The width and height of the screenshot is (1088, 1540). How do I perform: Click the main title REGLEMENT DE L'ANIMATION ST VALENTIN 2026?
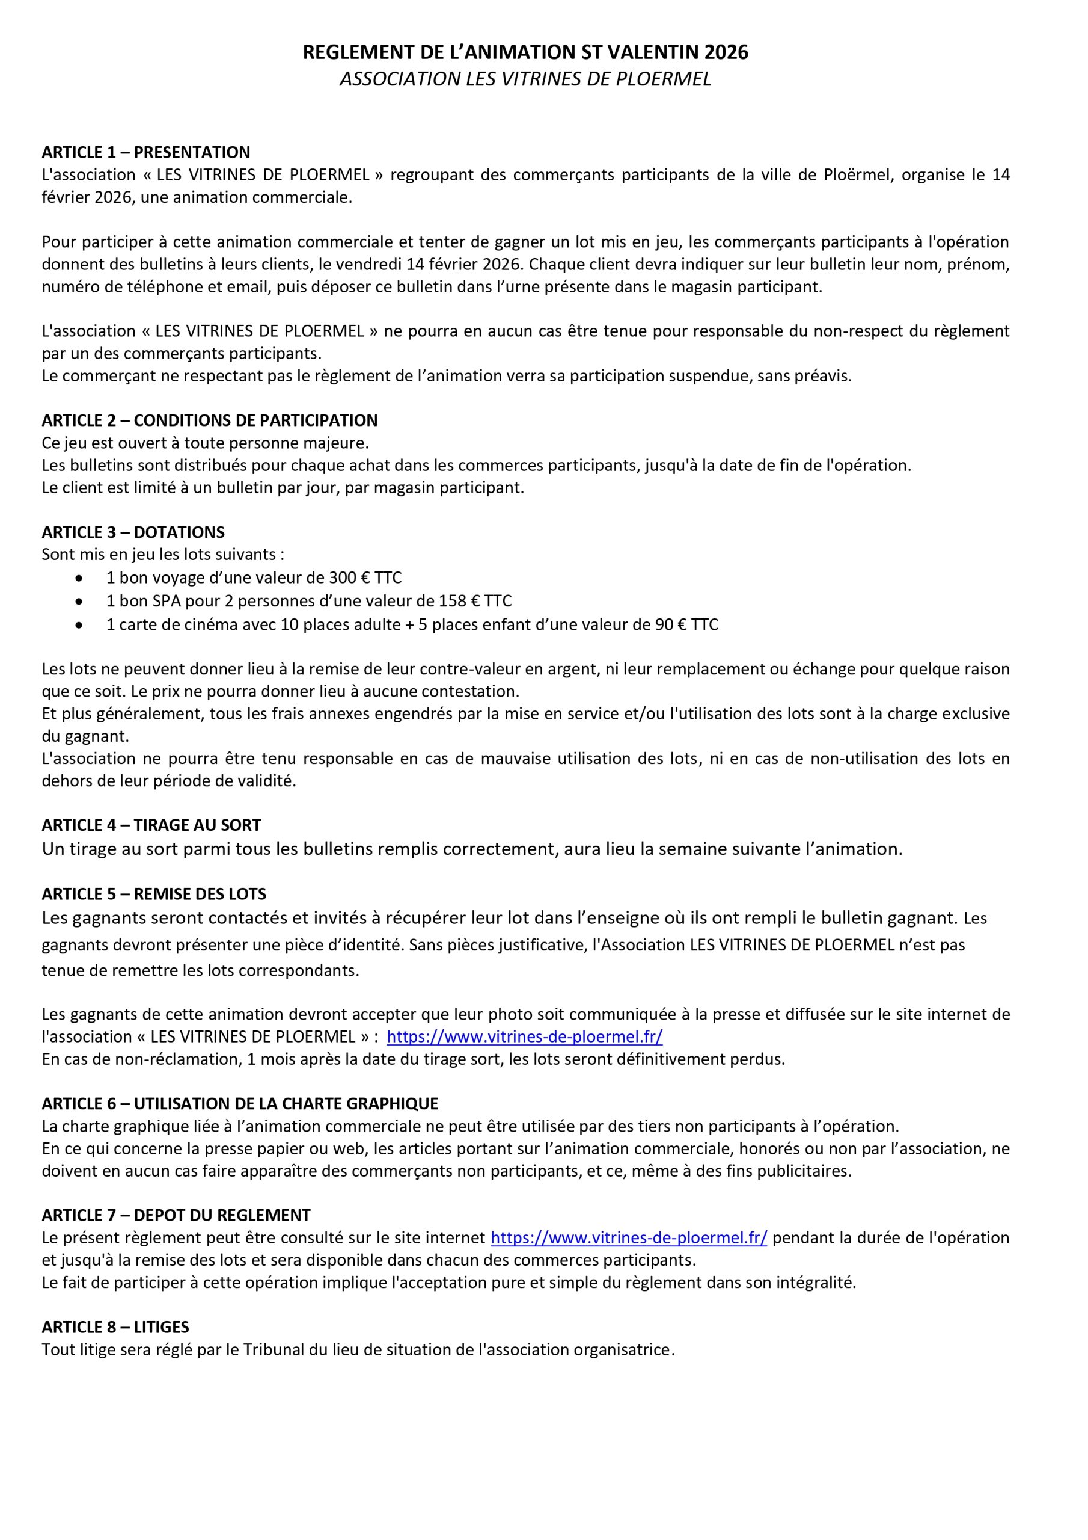click(x=525, y=52)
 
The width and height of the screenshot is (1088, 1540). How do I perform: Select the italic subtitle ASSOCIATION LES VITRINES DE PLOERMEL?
click(x=525, y=79)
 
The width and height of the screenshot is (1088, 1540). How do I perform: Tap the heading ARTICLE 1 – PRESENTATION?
click(x=145, y=152)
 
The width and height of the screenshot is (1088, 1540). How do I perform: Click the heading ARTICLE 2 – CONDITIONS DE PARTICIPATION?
click(x=209, y=420)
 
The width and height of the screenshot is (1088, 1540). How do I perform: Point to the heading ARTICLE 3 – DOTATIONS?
click(x=133, y=532)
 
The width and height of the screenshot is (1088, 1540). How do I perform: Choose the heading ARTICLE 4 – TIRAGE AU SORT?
click(x=151, y=825)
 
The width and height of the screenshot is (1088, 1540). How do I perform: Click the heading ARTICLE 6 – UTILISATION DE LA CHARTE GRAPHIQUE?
click(x=239, y=1104)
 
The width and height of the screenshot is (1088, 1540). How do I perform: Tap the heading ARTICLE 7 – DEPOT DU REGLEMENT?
click(x=176, y=1215)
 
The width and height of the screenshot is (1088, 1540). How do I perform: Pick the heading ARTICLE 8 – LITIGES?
click(x=115, y=1328)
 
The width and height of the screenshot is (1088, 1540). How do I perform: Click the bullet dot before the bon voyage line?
click(x=80, y=578)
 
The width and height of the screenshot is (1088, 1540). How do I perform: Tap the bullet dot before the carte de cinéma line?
click(x=80, y=625)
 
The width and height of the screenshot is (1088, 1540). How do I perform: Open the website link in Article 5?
click(x=524, y=1037)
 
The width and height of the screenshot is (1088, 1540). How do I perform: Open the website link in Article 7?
click(x=628, y=1238)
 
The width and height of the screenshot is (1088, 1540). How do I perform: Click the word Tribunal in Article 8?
click(x=274, y=1350)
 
